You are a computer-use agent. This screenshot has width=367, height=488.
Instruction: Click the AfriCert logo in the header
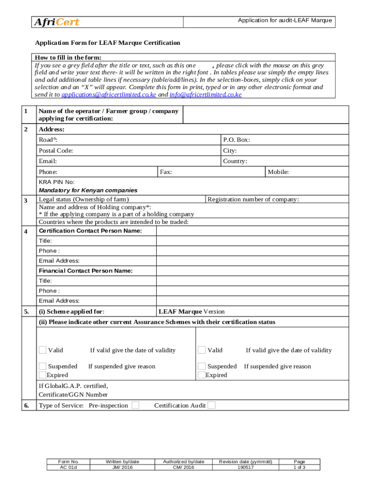pyautogui.click(x=56, y=22)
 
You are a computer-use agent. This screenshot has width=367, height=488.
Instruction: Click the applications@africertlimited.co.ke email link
pyautogui.click(x=109, y=95)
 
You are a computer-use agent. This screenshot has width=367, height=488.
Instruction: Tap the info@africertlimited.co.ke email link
pyautogui.click(x=205, y=95)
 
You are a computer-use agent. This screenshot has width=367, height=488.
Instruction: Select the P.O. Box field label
pyautogui.click(x=236, y=140)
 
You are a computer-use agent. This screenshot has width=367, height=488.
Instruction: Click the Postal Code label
pyautogui.click(x=56, y=151)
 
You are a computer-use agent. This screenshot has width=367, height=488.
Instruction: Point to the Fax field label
pyautogui.click(x=166, y=172)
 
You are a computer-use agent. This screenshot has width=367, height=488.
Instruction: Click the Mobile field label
pyautogui.click(x=278, y=172)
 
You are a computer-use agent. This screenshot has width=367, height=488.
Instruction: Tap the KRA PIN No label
pyautogui.click(x=56, y=182)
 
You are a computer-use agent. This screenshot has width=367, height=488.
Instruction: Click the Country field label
pyautogui.click(x=235, y=161)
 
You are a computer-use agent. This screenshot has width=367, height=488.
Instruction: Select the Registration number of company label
pyautogui.click(x=253, y=199)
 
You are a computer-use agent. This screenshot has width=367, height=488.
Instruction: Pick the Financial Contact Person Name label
pyautogui.click(x=85, y=271)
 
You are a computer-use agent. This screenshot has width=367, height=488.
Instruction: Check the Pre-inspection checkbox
pyautogui.click(x=135, y=406)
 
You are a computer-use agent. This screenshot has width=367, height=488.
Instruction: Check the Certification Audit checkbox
pyautogui.click(x=212, y=406)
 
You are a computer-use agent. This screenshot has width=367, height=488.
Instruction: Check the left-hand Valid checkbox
pyautogui.click(x=42, y=350)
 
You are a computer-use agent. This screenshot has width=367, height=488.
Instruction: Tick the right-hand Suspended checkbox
pyautogui.click(x=202, y=366)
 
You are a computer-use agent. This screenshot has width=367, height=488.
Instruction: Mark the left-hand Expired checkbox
pyautogui.click(x=42, y=375)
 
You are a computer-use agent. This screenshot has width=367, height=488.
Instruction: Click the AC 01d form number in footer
pyautogui.click(x=68, y=468)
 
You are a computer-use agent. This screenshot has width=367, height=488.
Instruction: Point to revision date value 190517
pyautogui.click(x=245, y=468)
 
